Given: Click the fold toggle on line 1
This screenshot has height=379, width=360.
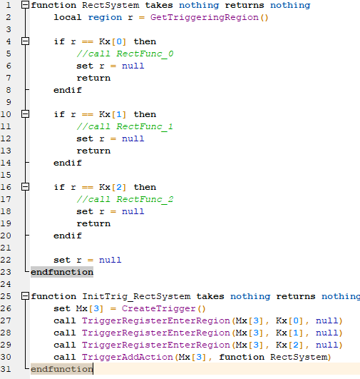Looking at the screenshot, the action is pos(25,5).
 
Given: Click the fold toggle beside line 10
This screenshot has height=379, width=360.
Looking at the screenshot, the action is pos(25,114).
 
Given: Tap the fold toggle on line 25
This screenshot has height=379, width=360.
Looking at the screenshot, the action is pos(25,296).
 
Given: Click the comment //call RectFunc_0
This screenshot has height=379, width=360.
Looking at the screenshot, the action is pos(125,54).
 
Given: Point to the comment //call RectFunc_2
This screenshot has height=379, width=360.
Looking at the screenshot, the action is pos(125,199).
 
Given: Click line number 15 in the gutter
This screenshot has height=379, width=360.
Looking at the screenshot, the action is pos(6,175).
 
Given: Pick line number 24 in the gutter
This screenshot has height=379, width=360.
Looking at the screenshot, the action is pos(6,284).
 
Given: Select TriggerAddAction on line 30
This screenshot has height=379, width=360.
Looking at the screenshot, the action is pos(127,357).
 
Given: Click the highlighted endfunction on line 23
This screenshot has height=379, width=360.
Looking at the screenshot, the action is pos(62,272).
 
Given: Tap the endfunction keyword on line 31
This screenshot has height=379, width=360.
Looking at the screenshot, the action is pos(62,369).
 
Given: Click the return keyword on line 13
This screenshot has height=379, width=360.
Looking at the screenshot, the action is pos(93,151).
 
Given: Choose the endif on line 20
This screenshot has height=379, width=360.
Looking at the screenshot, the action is pos(68,236).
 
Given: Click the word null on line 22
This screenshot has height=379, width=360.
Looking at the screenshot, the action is pos(110,260).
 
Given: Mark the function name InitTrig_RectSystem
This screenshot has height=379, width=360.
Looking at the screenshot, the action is pos(136,297).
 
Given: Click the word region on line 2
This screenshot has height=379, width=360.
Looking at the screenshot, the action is pos(105,18).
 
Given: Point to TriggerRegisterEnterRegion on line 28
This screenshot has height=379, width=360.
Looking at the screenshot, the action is pos(155,333).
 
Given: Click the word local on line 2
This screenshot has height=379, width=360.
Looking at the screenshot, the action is pos(68,17).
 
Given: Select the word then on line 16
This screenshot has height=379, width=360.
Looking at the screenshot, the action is pos(145,187).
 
